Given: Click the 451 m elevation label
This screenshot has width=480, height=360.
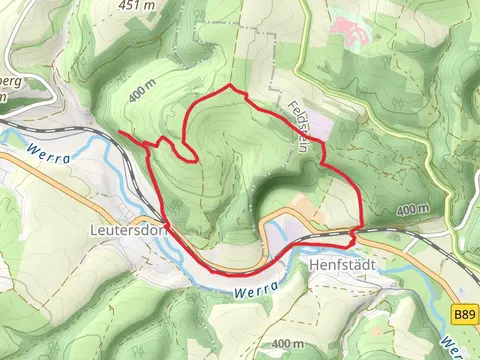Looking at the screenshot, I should pos(136,5).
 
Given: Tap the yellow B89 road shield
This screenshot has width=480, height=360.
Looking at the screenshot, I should pos(463,314).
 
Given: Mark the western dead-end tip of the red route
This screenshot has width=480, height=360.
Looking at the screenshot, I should pos(119,133).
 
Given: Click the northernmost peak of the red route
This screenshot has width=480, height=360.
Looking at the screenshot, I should pos(231,87).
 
